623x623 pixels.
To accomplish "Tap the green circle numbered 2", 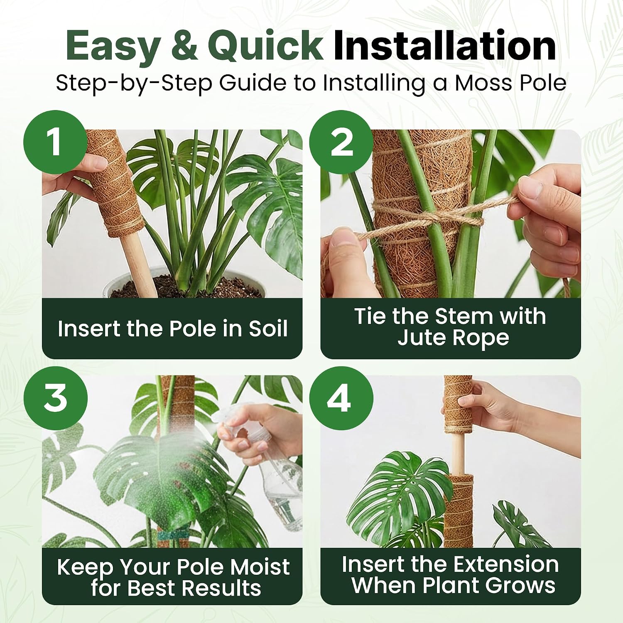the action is (x=341, y=142).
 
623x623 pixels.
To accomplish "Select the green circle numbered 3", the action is (x=55, y=398).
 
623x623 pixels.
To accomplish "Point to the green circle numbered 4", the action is (x=341, y=398).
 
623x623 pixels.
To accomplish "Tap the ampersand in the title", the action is (x=184, y=46).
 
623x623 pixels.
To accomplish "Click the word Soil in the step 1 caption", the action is (x=268, y=329).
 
